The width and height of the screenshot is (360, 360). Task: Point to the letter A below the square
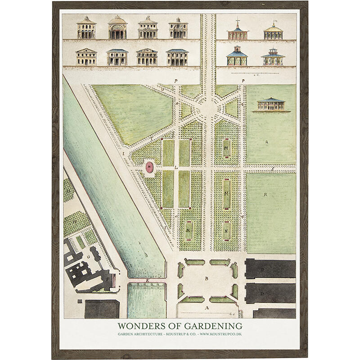[207, 308]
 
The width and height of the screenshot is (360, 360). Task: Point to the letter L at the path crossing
[177, 167]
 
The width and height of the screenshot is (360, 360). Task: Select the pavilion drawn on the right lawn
[271, 104]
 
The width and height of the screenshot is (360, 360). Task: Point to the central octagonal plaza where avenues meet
[208, 109]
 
